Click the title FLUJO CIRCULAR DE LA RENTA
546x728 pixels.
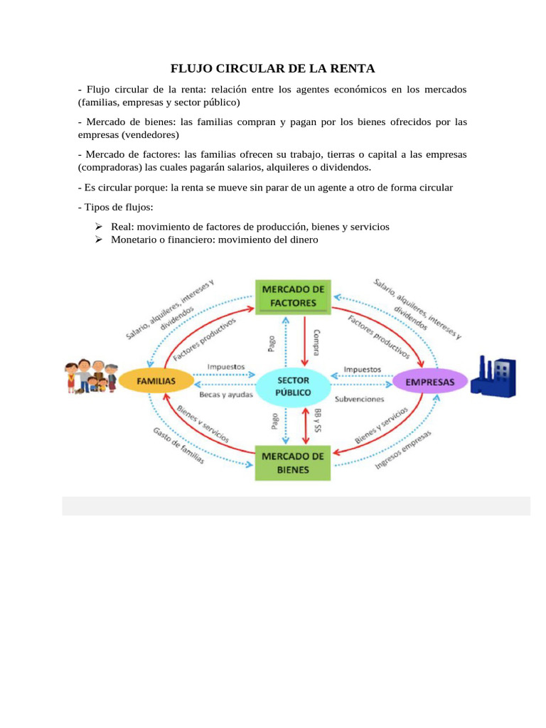(272, 69)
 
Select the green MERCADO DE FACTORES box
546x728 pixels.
(293, 296)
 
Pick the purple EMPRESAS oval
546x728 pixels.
(430, 382)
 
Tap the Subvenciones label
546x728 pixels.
(360, 399)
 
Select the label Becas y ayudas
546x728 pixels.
(225, 395)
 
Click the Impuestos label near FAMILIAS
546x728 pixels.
(226, 368)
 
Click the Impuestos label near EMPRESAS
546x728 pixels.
(363, 369)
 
